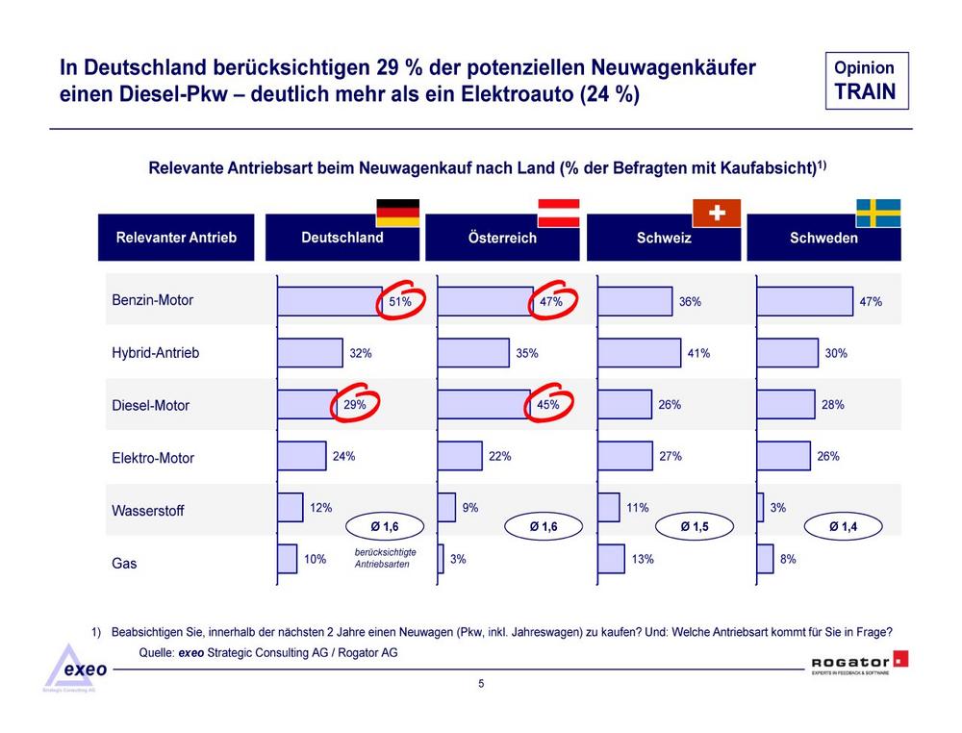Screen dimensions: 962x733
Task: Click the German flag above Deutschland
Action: tap(397, 213)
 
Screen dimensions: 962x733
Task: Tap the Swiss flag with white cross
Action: tap(717, 213)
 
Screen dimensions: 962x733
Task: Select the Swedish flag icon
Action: tap(878, 213)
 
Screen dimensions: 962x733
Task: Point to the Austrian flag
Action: tap(558, 213)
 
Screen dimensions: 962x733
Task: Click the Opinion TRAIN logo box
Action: tap(867, 81)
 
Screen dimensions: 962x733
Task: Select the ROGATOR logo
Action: tap(859, 663)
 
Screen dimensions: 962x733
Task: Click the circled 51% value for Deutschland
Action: tap(400, 301)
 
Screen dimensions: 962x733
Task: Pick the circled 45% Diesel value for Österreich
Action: tap(548, 404)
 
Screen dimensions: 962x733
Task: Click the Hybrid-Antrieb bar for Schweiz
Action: tap(640, 353)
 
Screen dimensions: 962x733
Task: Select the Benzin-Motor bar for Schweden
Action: tap(805, 301)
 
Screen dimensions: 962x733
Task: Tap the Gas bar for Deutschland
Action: tap(287, 559)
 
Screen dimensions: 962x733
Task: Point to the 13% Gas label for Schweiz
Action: tap(643, 559)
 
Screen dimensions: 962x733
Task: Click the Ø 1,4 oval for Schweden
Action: tap(843, 526)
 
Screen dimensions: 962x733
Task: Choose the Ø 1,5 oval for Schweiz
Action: tap(695, 526)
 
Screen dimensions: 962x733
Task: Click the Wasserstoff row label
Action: tap(148, 511)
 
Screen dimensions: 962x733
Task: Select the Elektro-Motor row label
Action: tap(153, 458)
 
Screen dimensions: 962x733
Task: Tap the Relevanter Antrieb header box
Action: tap(176, 238)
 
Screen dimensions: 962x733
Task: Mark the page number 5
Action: tap(481, 683)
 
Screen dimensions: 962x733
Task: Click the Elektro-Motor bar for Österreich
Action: tap(460, 456)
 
